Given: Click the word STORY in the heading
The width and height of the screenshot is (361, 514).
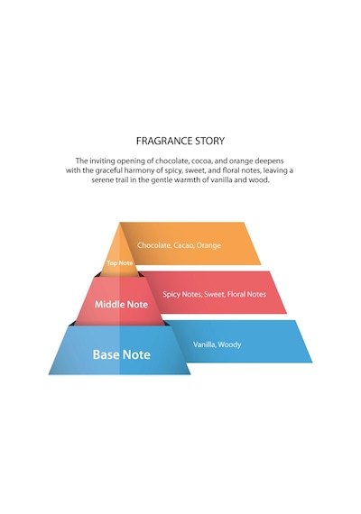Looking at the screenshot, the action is pos(210,141).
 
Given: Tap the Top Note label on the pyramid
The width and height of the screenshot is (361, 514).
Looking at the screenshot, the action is pos(119,263).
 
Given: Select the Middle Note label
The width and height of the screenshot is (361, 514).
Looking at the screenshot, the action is pos(122,305).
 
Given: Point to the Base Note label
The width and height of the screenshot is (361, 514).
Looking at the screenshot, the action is pos(122,354).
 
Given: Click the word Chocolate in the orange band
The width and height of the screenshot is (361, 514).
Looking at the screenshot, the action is pos(153,245).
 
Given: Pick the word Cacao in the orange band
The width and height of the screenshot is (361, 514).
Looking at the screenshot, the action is pos(183,245).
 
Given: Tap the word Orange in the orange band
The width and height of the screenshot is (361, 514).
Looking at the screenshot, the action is pos(208,245).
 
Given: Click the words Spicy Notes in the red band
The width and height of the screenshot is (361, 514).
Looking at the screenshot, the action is pos(181,294).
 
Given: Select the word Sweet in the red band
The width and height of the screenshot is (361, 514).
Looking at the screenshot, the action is pos(214,294).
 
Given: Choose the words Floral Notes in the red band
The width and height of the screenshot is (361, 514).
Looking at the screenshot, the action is pos(246,294).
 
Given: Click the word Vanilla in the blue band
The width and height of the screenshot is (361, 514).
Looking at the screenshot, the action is pos(204,344).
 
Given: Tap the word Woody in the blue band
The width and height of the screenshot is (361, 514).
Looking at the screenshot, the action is pos(230,344).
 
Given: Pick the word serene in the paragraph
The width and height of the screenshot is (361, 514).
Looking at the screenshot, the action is pos(102,180).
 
